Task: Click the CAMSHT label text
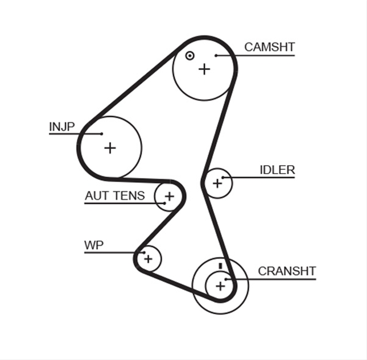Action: point(270,47)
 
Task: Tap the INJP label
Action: point(62,127)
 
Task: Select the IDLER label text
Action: point(278,170)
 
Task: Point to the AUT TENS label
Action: point(115,195)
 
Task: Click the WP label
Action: point(93,245)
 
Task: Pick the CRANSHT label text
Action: point(287,271)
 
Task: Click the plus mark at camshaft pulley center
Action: point(204,69)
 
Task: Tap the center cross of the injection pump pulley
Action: point(110,148)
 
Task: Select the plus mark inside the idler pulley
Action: point(217,183)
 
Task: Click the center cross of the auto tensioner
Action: point(170,197)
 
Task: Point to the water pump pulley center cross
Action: point(148,259)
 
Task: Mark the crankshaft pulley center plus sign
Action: point(220,286)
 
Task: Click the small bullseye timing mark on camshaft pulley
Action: point(190,56)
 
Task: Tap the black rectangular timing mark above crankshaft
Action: point(220,266)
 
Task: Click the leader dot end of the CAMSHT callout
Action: point(216,56)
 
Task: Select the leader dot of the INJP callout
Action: point(101,134)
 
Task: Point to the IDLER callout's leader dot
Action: point(223,178)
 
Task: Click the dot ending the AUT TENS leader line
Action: point(165,204)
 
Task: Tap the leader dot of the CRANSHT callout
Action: point(226,279)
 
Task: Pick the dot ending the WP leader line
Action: point(144,252)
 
